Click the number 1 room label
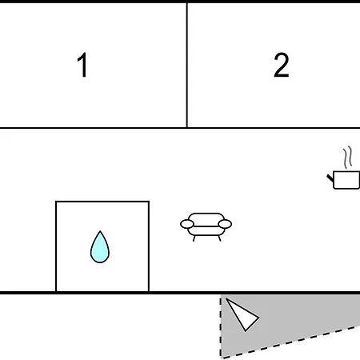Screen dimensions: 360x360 tap(82, 65)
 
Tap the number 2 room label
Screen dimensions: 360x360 tap(282, 65)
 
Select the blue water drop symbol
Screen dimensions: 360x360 tap(100, 247)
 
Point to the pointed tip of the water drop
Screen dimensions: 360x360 tap(100, 231)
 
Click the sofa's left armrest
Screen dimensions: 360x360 tap(187, 224)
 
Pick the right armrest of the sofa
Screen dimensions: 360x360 tap(225, 224)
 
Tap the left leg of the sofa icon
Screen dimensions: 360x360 tap(194, 238)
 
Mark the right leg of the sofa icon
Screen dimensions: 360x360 tap(219, 238)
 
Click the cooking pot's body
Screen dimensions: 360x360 tap(346, 180)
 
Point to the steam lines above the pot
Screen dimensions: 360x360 tap(347, 158)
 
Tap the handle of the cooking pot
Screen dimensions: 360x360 tap(330, 178)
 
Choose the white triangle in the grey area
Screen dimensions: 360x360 tap(242, 314)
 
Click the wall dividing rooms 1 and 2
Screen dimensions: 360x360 tap(187, 65)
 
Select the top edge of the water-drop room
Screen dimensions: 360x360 tap(102, 202)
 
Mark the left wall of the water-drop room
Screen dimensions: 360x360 tap(56, 246)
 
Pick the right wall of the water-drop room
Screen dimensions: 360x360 tap(149, 246)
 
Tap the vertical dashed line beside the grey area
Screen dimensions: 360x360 tap(221, 327)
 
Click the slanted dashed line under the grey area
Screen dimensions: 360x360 tap(290, 342)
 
